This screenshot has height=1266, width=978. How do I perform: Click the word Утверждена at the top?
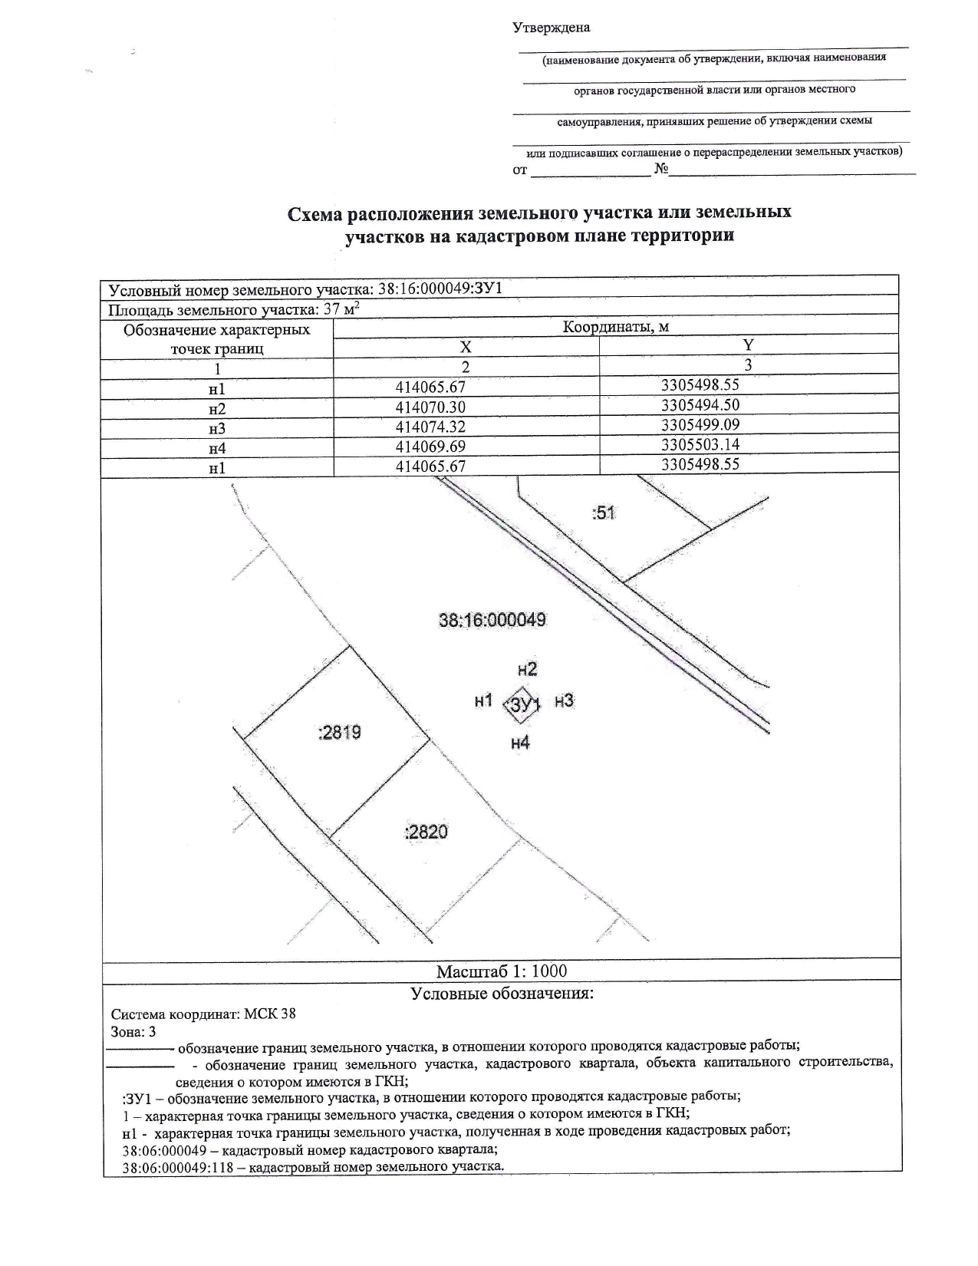551,28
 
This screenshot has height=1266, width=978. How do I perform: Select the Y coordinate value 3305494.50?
700,404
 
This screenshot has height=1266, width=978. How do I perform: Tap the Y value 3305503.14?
700,443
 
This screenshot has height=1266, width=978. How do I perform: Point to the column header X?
466,347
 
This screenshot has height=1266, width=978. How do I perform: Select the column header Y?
748,345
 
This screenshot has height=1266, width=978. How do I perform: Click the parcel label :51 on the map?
604,513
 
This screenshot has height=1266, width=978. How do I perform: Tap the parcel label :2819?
339,733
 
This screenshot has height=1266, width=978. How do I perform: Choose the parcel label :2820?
426,832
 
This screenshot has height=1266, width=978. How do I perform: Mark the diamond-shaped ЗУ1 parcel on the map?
522,704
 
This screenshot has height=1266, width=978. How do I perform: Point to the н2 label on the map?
527,668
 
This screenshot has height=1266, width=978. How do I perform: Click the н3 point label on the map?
564,701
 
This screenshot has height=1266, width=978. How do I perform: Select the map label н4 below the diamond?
520,742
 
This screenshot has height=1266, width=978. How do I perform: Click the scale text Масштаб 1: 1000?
502,971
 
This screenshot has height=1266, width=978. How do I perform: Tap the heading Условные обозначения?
502,994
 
